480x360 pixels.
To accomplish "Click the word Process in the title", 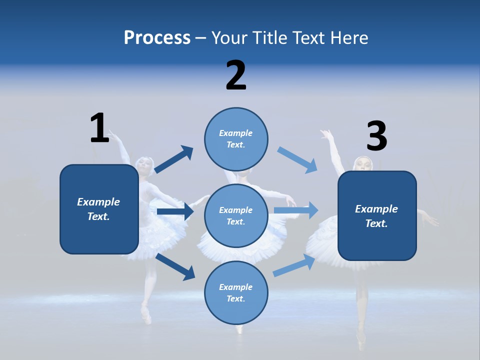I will [157, 38].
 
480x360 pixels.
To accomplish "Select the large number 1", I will [99, 128].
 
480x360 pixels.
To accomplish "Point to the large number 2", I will [236, 75].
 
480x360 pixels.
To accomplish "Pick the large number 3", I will [377, 136].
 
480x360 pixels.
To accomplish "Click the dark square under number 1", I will [99, 209].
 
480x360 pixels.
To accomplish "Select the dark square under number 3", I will [377, 216].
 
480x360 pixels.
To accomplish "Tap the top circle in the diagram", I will [236, 139].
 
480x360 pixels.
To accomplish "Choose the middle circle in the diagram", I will [236, 215].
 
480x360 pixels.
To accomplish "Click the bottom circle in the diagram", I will [236, 292].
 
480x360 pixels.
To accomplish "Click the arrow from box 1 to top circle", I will [174, 159].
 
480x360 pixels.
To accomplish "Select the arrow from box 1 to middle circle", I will [175, 211].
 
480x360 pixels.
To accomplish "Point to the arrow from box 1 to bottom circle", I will [175, 266].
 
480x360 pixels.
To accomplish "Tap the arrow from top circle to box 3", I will [297, 160].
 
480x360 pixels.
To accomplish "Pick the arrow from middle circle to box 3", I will [296, 210].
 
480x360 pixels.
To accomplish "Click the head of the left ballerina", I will [145, 165].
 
